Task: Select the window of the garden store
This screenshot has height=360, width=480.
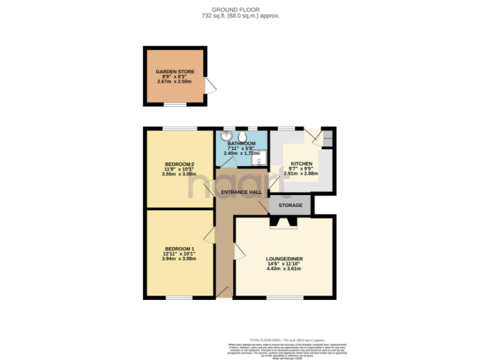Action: (175, 105)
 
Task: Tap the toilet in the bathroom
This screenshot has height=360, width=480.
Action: (242, 136)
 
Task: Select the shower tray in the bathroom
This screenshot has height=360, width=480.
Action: (259, 160)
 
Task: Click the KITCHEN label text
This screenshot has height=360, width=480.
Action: (301, 164)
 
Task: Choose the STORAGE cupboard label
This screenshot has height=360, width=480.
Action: (291, 205)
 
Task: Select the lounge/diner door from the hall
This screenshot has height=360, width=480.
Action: (239, 252)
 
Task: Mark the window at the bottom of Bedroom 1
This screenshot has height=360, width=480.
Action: (179, 298)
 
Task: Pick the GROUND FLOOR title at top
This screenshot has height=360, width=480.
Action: (240, 9)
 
